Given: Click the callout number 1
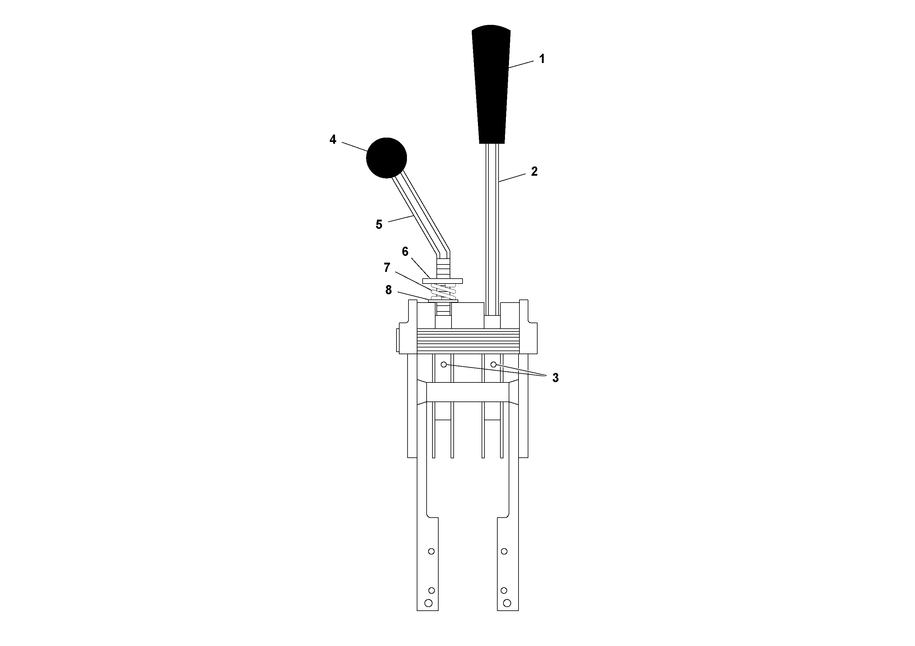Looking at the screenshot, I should point(542,59).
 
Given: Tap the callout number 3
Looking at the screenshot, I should point(555,378).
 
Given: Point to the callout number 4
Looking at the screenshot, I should point(333,139).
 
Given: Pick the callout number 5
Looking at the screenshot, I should point(379,225).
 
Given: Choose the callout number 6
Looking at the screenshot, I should point(405,252).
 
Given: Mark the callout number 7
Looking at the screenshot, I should point(387,268).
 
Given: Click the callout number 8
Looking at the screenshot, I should point(388,290).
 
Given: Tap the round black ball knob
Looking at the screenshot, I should point(386,158).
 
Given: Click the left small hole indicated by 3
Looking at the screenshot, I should point(444,364).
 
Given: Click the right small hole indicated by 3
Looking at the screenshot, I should point(493,364).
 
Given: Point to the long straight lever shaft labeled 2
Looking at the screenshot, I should point(492,227).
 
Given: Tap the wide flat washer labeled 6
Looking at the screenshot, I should point(442,281).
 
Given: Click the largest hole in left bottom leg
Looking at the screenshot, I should point(428,603).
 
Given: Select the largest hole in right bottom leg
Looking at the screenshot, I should point(507,603).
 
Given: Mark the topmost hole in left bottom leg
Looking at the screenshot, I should point(431,551).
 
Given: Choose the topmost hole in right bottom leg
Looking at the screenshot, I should point(504,551).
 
